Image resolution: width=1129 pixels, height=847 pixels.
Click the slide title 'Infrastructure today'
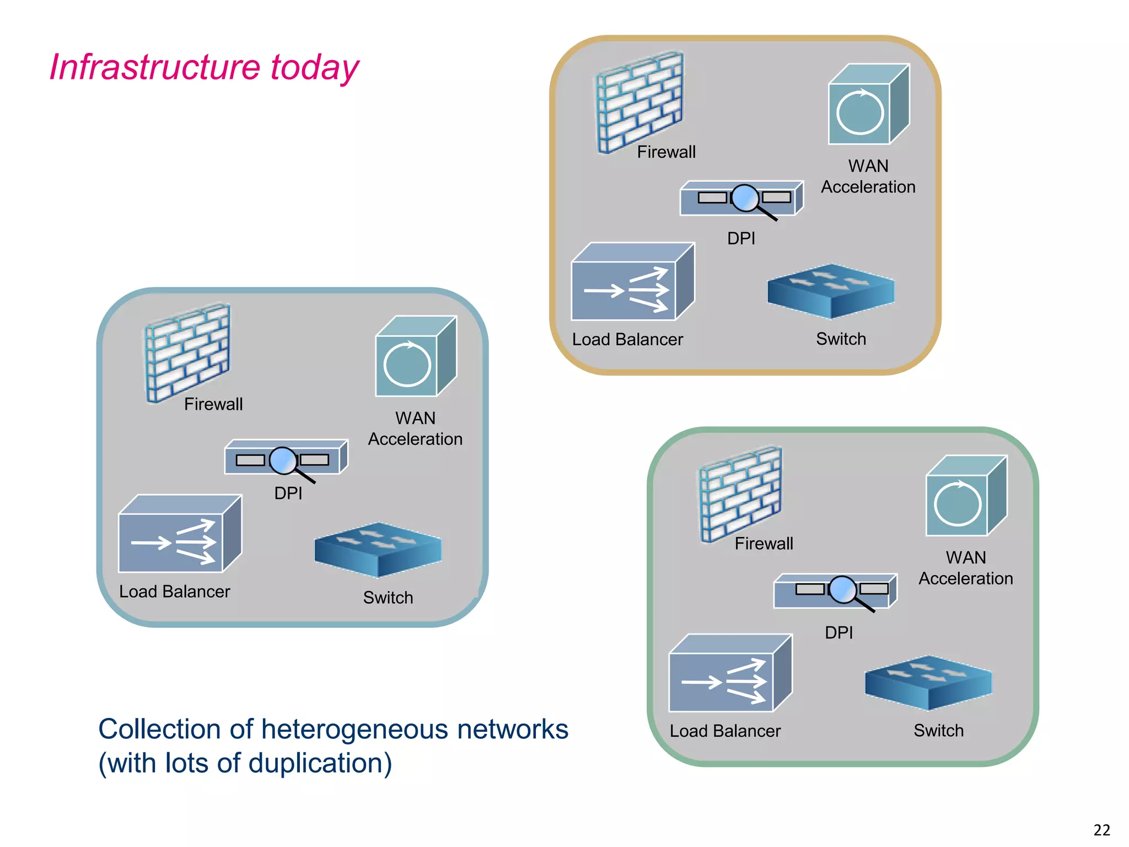coord(204,67)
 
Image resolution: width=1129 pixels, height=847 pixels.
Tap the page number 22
coord(1101,830)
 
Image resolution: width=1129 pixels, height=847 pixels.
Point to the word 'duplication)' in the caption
coord(320,763)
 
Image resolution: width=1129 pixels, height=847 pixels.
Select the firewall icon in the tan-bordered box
coord(639,102)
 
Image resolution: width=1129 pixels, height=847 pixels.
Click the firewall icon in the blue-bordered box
coord(187,353)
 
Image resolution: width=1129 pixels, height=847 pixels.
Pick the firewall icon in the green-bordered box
coord(740,494)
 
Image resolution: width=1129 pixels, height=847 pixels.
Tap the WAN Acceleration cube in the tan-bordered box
coord(868,105)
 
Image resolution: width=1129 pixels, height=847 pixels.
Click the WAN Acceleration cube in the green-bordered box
coord(965,496)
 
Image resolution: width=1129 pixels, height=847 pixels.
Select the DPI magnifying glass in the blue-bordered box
coord(284,460)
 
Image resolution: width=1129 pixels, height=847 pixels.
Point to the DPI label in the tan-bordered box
coord(741,239)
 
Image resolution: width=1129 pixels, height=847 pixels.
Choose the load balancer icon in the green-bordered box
coord(729,674)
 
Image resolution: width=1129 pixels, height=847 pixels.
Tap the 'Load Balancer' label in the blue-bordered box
coord(174,592)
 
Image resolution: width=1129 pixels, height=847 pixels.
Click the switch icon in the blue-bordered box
coord(378,549)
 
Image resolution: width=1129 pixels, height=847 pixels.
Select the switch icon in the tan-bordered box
coord(831,291)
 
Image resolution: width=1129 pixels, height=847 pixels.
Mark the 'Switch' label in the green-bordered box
coord(938,731)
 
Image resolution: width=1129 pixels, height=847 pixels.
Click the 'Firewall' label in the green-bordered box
coord(764,544)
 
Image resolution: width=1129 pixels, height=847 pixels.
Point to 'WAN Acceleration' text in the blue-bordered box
coord(415,428)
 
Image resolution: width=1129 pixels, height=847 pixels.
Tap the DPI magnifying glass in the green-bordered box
coord(842,589)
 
